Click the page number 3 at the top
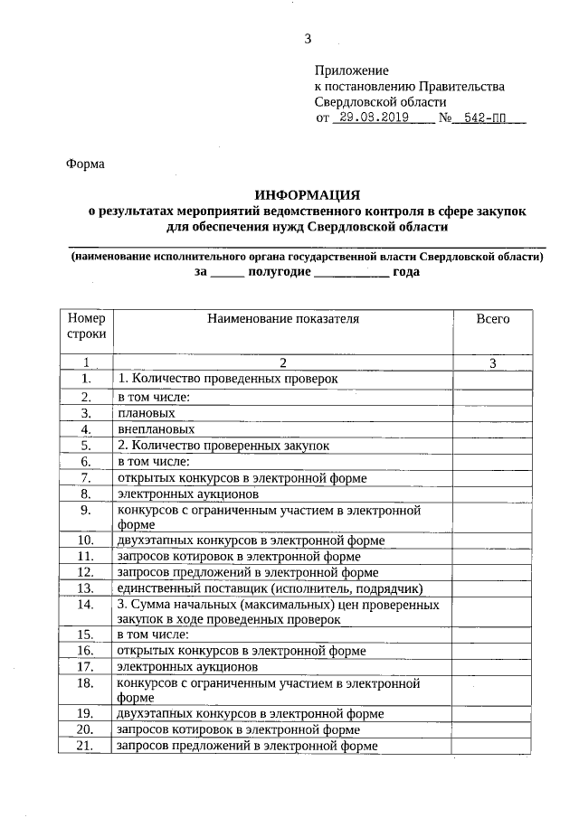[308, 38]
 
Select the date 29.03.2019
[371, 118]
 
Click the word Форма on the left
[85, 165]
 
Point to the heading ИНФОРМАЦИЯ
[308, 194]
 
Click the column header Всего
[493, 319]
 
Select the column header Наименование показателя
[283, 319]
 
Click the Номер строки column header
[87, 326]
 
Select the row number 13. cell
[87, 588]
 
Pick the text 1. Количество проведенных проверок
[226, 380]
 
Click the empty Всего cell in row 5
[493, 446]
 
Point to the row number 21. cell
[87, 746]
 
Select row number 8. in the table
[87, 494]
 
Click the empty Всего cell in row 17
[493, 666]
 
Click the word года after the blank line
[406, 271]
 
